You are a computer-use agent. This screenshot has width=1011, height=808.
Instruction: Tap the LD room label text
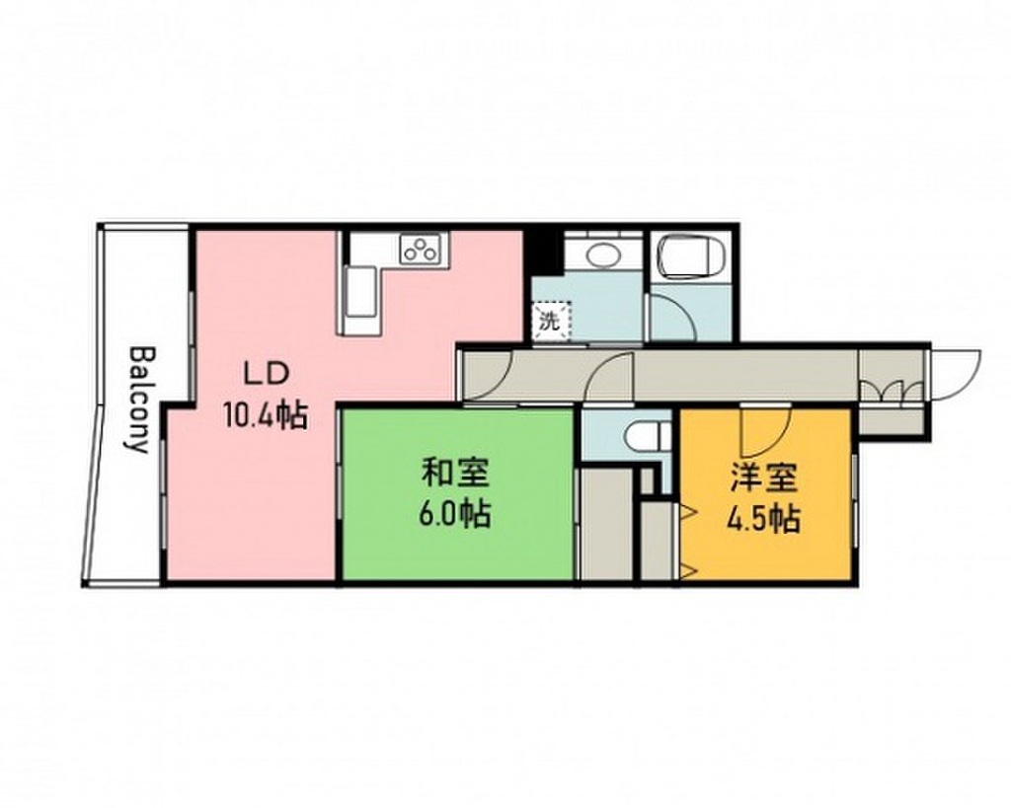click(265, 375)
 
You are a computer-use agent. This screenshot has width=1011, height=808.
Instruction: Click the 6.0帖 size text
click(455, 514)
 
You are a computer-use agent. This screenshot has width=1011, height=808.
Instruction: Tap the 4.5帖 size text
click(763, 518)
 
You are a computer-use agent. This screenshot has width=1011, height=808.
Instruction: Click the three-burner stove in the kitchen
click(421, 250)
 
